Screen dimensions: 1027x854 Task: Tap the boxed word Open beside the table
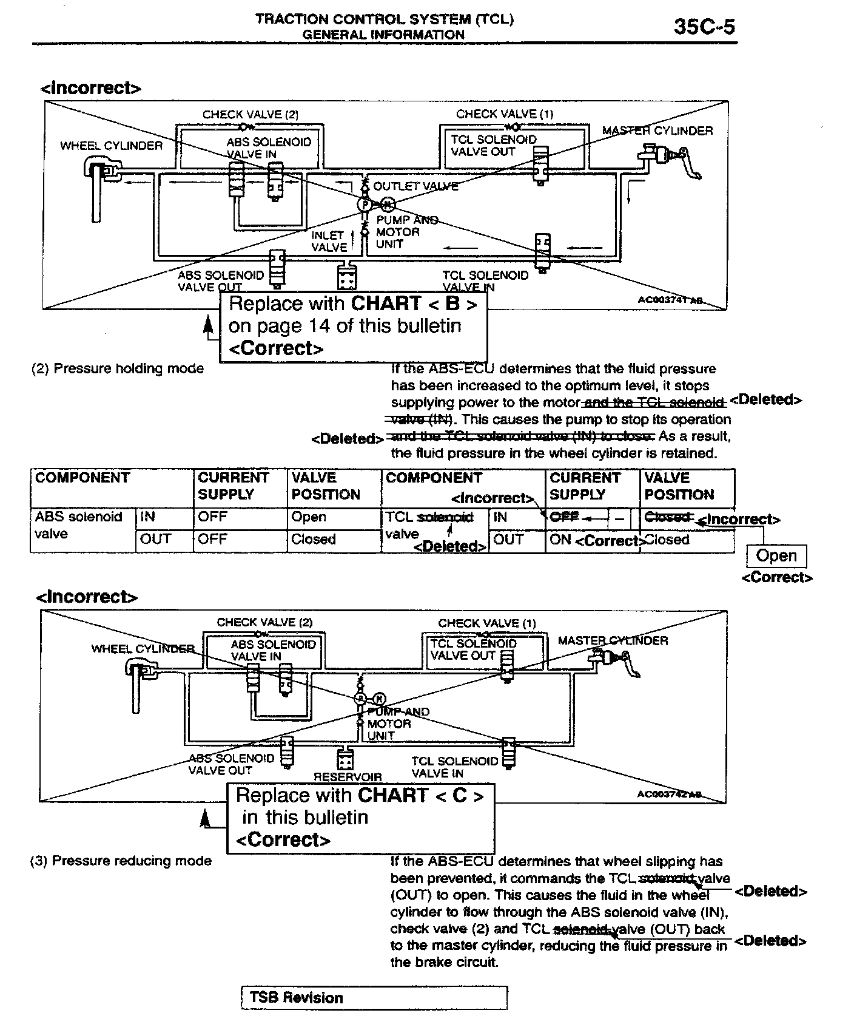(776, 556)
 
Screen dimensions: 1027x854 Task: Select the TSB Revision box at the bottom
(373, 997)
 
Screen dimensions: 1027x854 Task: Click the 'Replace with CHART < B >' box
(353, 326)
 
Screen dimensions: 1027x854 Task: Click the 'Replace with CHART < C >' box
(360, 817)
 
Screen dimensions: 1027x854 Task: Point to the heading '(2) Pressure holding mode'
(118, 368)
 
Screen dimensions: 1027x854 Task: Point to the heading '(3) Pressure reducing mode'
(121, 861)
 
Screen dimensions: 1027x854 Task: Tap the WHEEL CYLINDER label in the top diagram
(111, 146)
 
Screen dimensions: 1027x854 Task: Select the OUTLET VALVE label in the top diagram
(415, 186)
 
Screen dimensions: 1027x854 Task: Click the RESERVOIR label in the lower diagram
(348, 776)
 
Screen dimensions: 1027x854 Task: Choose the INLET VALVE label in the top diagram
(328, 241)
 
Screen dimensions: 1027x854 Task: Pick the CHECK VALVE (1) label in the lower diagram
(487, 623)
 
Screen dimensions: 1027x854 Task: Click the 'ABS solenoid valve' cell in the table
(79, 526)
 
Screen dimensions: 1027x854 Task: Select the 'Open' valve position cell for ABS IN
(309, 517)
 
